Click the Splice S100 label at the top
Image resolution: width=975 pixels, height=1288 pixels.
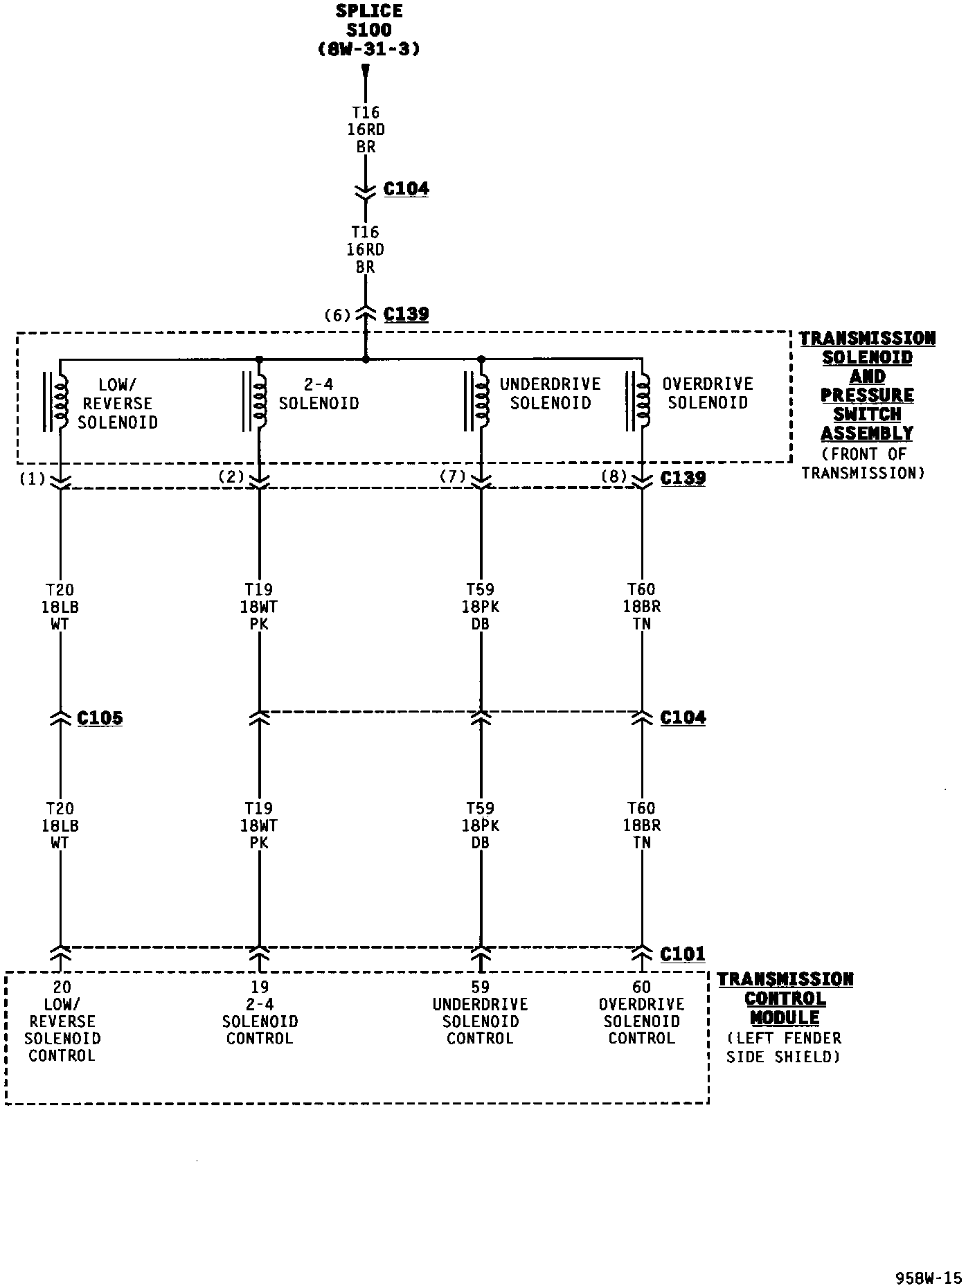pos(368,30)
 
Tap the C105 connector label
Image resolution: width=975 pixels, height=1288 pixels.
pos(100,718)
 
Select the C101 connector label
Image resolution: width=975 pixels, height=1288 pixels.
pos(683,954)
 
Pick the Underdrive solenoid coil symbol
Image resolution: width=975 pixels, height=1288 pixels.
pos(481,401)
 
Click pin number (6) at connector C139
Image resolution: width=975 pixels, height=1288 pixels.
pos(338,316)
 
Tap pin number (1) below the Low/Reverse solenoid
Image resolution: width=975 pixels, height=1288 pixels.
pos(33,478)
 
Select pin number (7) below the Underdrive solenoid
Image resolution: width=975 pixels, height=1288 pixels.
pos(454,476)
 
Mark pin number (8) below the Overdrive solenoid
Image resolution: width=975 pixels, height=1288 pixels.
pos(614,476)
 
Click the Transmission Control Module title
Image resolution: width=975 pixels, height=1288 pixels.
pos(785,999)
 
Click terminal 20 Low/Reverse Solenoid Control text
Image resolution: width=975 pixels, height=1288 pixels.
pos(62,1021)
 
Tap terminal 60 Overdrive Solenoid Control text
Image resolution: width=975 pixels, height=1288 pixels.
pos(641,1012)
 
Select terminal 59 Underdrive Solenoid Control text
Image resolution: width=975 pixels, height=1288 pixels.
pos(480,1012)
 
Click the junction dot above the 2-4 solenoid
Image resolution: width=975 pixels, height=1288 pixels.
pos(259,359)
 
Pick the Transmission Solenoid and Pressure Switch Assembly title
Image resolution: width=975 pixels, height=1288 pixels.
pos(867,386)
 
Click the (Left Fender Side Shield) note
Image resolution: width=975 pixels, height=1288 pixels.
pos(783,1048)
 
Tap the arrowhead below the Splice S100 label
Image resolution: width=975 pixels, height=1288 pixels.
pos(366,71)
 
